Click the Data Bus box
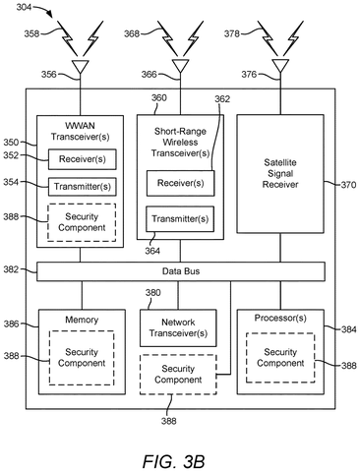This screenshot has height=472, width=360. coord(181,271)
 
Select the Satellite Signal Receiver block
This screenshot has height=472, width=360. coord(280,174)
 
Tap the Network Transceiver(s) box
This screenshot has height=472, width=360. coord(178,327)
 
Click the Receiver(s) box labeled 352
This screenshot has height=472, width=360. coord(83,159)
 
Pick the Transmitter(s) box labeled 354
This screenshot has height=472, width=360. coord(83,187)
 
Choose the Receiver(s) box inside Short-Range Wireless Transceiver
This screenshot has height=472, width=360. coord(180,183)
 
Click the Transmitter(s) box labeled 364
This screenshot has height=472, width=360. coord(180,219)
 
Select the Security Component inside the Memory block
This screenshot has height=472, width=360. coord(82,358)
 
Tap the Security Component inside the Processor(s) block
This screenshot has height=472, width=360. coord(280,358)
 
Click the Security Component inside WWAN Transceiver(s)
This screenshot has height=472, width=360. coord(82,222)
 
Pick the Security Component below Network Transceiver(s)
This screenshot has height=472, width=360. coord(178,375)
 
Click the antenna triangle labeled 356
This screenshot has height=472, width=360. coord(80,67)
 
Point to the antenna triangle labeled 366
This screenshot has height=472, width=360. coord(180,67)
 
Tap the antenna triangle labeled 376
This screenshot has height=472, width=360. coord(280,67)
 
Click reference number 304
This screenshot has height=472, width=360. coord(24,6)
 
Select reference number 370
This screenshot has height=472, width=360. coord(348,185)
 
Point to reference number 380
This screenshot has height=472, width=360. coord(153,293)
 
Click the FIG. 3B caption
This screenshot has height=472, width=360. coord(173,462)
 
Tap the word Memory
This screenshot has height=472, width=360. coord(82,320)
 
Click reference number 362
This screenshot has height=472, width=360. coord(222,99)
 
